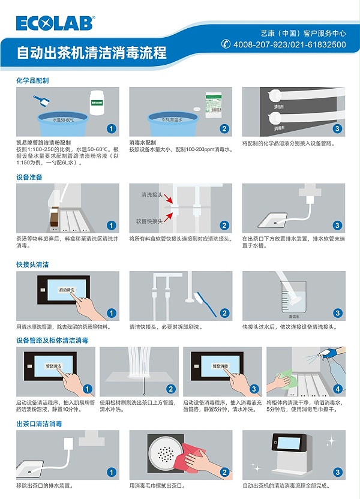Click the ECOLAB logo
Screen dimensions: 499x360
click(55, 23)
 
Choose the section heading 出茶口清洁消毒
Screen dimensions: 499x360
click(39, 423)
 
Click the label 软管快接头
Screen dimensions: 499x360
click(153, 221)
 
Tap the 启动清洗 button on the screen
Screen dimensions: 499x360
click(67, 290)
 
